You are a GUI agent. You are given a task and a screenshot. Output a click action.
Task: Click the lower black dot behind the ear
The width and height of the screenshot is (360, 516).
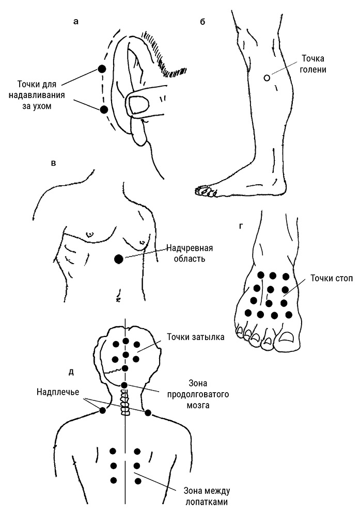click(x=104, y=109)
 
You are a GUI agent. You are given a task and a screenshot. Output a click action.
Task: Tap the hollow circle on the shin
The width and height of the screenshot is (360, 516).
click(x=267, y=78)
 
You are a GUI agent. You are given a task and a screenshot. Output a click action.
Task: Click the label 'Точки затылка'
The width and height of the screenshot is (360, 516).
click(x=195, y=338)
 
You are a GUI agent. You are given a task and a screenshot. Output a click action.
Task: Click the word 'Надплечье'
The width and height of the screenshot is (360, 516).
click(x=57, y=391)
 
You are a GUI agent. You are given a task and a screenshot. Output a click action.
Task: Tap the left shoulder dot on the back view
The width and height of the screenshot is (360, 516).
click(x=102, y=410)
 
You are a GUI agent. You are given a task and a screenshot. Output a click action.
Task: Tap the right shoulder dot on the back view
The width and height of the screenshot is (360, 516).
click(x=148, y=412)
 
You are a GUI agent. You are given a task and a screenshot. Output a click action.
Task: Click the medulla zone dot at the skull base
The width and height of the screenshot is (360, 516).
click(x=124, y=385)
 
